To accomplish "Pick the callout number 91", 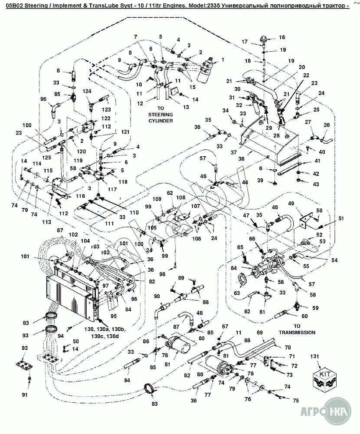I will click(25, 395).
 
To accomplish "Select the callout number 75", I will click(296, 400).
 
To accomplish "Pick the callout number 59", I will click(315, 308).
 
